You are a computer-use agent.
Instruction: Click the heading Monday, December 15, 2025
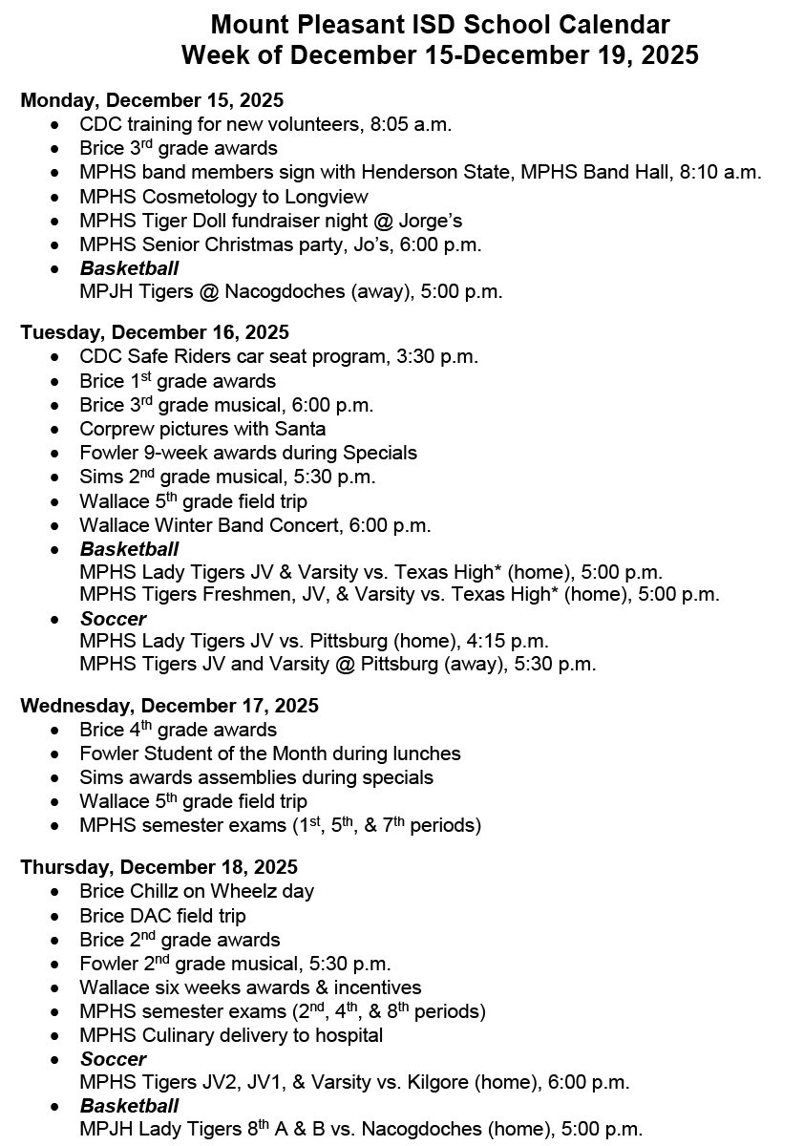coord(152,99)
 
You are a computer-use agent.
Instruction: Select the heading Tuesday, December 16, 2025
coord(155,332)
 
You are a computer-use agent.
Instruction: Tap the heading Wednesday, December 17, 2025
coord(169,706)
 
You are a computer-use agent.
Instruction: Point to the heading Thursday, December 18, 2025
coord(159,867)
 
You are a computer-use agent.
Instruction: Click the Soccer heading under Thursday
coord(113,1059)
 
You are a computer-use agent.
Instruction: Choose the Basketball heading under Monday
coord(129,268)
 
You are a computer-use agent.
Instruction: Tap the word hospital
coord(348,1035)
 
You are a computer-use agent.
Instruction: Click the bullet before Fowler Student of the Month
coord(60,754)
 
